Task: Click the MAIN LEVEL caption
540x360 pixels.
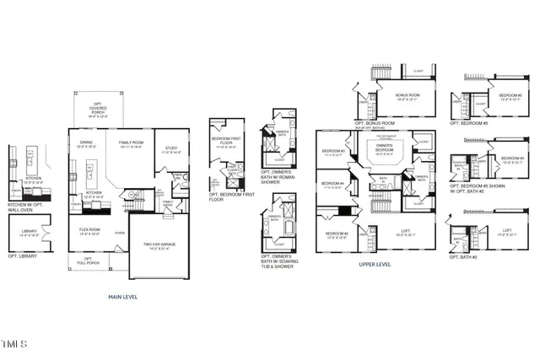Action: coord(124,297)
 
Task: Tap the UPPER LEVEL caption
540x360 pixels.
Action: coord(374,264)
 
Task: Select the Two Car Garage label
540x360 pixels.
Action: coord(154,245)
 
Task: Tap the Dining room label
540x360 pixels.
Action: coord(87,144)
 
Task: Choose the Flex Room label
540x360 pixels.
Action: coord(89,232)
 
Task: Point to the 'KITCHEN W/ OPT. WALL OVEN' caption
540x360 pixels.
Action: coord(26,207)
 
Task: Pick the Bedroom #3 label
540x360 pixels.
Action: coord(331,153)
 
